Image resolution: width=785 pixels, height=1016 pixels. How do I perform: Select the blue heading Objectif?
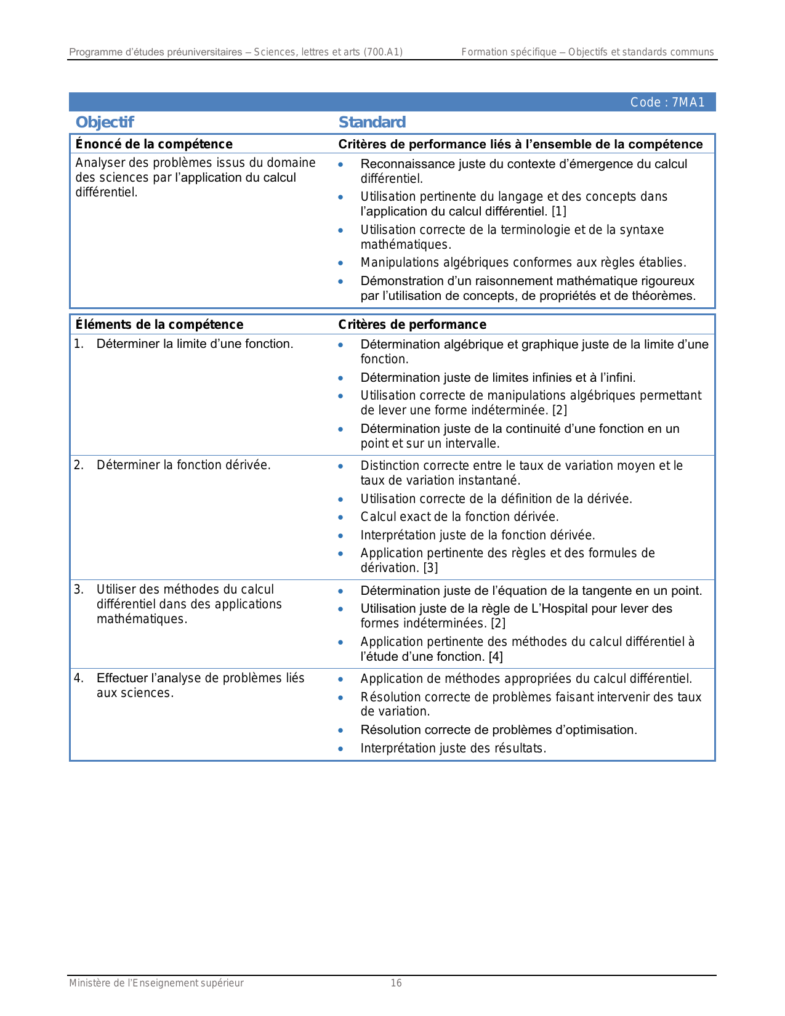105,123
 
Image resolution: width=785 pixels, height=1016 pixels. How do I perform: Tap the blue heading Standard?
372,123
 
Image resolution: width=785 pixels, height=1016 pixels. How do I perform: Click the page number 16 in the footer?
396,983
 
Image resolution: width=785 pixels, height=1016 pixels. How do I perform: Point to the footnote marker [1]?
558,212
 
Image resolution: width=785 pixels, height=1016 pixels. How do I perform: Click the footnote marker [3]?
430,568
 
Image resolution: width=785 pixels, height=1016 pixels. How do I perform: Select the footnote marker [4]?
496,657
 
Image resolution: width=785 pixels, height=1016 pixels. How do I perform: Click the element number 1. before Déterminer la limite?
79,344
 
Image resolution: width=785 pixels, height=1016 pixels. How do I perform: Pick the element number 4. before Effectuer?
79,679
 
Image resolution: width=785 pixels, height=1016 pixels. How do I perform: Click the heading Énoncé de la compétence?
154,144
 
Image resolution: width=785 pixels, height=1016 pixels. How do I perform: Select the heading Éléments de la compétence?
159,325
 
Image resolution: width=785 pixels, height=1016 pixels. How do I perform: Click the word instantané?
490,481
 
